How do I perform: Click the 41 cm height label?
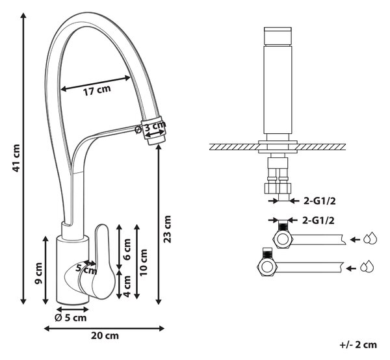click(x=16, y=158)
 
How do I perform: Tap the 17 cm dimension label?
click(x=97, y=90)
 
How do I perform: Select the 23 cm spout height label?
click(x=168, y=229)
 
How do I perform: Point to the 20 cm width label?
click(x=105, y=336)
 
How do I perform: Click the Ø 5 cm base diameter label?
click(x=70, y=318)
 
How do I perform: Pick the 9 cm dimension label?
click(x=38, y=273)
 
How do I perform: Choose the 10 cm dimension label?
click(x=144, y=263)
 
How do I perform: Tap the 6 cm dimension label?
click(x=127, y=249)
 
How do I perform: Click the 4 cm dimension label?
click(x=127, y=286)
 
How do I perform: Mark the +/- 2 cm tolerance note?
click(x=358, y=344)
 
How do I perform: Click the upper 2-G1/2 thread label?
click(x=319, y=201)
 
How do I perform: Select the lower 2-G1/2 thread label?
click(x=318, y=220)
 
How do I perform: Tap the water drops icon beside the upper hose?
click(x=370, y=238)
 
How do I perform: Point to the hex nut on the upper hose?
click(x=283, y=240)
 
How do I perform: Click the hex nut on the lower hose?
click(x=266, y=267)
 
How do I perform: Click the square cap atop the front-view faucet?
click(x=278, y=37)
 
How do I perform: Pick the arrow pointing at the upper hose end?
click(x=355, y=240)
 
